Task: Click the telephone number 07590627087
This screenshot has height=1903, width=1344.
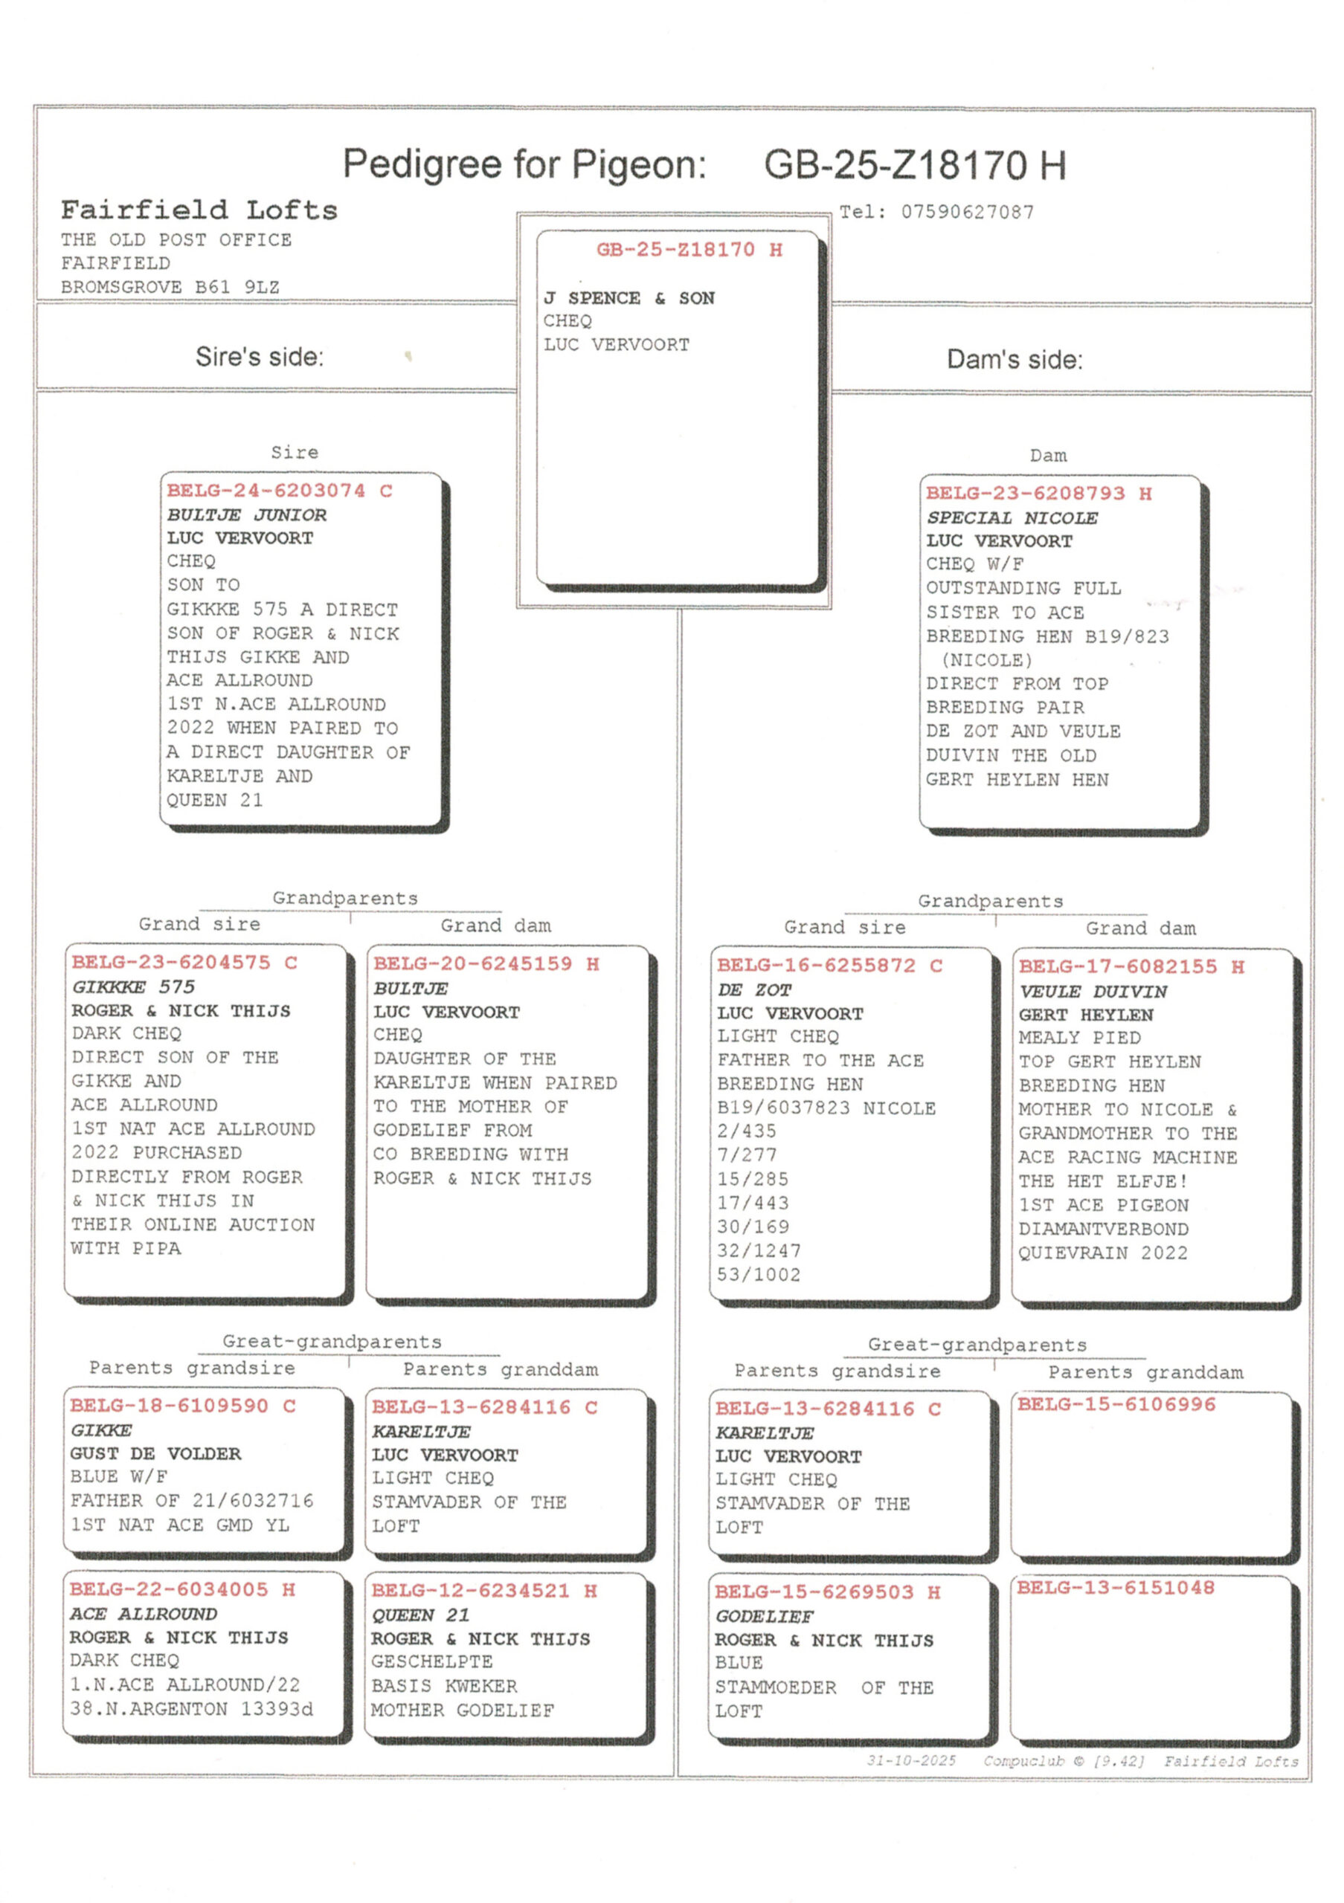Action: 967,212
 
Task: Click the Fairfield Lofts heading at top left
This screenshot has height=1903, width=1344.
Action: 199,210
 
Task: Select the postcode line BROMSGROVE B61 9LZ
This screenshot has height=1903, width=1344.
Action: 170,287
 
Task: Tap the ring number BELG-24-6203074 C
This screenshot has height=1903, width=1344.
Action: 280,491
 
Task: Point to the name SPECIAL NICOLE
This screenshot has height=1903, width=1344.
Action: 1012,518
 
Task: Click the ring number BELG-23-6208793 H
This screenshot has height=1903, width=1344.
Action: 1038,494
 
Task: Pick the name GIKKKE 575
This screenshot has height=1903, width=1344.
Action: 133,987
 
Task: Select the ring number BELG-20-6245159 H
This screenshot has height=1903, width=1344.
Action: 486,964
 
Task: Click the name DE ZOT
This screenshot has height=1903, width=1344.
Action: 753,989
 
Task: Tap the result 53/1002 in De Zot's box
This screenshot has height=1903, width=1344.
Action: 759,1275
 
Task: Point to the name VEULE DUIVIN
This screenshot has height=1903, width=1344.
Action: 1092,992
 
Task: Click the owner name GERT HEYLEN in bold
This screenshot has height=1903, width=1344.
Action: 1085,1015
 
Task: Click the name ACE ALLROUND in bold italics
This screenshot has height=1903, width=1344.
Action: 144,1614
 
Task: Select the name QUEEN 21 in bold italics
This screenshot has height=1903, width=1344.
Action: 419,1615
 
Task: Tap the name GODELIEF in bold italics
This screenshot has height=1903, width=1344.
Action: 764,1616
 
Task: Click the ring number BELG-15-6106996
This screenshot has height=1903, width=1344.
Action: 1116,1404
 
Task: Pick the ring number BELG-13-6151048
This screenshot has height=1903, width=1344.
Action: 1115,1587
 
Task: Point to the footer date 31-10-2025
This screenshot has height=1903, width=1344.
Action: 910,1760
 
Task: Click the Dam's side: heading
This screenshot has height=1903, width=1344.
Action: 1014,360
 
